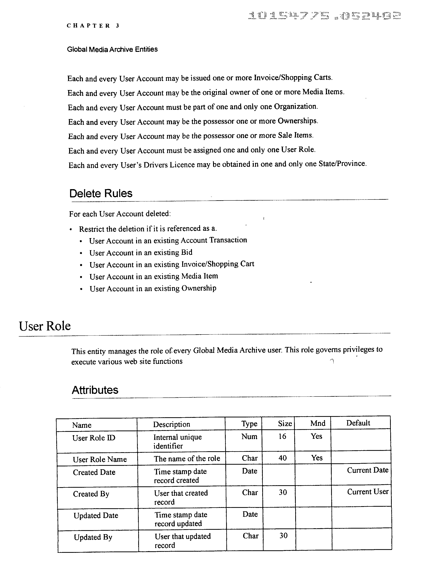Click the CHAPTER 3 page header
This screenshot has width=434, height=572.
point(93,26)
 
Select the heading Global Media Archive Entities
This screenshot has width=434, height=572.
point(112,49)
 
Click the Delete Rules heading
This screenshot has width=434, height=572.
point(101,193)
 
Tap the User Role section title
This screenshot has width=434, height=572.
point(45,326)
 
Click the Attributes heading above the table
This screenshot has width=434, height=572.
point(95,390)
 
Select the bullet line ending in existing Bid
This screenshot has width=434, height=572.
point(141,252)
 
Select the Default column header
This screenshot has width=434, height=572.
point(358,423)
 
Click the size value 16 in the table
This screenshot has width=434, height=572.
point(282,436)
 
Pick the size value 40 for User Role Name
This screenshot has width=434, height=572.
point(283,458)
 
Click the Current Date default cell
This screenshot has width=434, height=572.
point(367,470)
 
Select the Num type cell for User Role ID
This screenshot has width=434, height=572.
point(249,436)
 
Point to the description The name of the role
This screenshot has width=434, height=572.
point(187,459)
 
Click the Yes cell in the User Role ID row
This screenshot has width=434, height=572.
point(316,436)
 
